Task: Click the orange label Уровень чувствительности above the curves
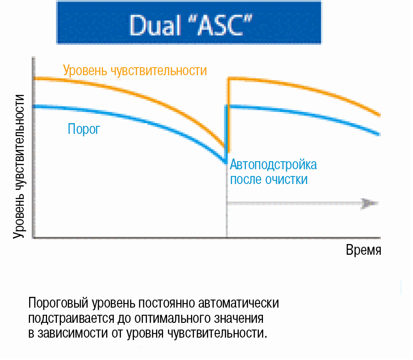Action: [135, 71]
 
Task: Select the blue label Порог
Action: [84, 129]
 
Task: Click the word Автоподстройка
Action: [273, 165]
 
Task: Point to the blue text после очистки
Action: [269, 180]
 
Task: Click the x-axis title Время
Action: [363, 250]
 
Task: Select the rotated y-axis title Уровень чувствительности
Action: [19, 167]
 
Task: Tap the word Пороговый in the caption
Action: [58, 303]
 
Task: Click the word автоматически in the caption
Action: [238, 303]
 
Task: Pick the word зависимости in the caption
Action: [73, 333]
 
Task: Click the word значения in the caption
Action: [239, 318]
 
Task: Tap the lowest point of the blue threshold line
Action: [226, 162]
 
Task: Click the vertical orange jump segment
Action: [228, 115]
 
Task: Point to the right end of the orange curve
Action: [379, 115]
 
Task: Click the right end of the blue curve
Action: [379, 134]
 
